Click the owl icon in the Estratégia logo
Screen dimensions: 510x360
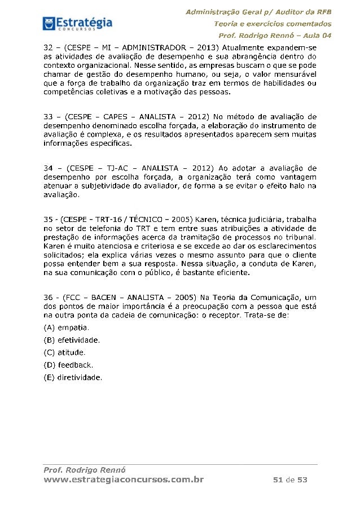49,23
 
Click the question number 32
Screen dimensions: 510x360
49,46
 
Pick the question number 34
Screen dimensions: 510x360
49,168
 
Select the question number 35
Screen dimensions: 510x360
49,219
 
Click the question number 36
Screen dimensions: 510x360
49,297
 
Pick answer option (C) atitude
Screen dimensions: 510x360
64,352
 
